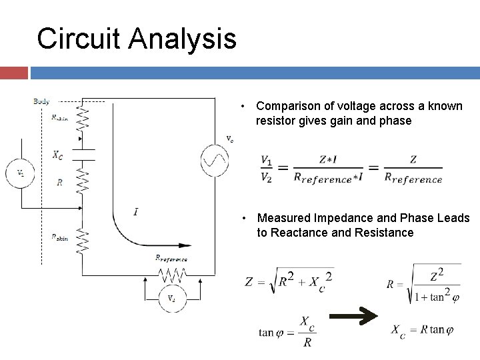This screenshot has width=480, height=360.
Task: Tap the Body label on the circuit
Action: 41,101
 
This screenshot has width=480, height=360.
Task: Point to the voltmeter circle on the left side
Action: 21,173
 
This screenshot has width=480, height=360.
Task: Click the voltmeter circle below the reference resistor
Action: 171,297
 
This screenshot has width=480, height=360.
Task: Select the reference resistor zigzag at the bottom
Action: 171,273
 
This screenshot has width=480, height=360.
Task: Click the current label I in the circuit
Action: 136,211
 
